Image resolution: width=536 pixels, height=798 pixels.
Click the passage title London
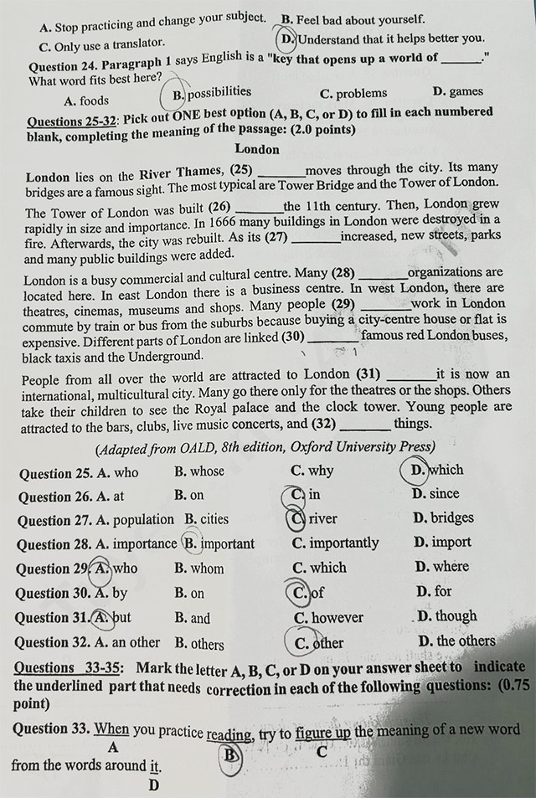coord(257,149)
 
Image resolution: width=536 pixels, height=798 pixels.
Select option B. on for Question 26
coord(190,495)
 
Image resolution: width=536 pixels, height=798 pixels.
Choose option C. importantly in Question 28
coord(335,543)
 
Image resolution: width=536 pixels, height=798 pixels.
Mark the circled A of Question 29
coord(102,569)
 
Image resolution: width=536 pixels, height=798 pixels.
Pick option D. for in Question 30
coord(433,592)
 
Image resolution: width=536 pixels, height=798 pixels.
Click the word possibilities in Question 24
coord(219,92)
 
